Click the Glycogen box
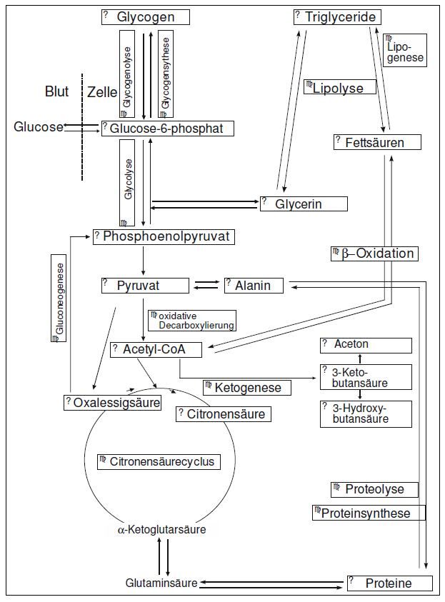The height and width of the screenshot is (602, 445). coord(146,17)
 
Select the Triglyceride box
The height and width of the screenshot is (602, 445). coord(336,17)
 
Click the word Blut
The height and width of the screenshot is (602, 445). coord(56,91)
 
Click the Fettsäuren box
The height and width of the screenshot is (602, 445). coord(376,142)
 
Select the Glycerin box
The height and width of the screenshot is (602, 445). coord(304,204)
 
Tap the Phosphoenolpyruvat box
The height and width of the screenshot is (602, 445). coord(164,236)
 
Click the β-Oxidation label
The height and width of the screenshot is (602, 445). coord(373,254)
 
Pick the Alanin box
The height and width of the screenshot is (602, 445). coord(254,286)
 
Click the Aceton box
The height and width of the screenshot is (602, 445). coord(366,345)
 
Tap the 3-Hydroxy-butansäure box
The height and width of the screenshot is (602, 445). coord(366,414)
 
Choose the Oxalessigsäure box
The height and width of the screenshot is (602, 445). coord(111,403)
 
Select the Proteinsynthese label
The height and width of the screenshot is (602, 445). coord(369,513)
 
